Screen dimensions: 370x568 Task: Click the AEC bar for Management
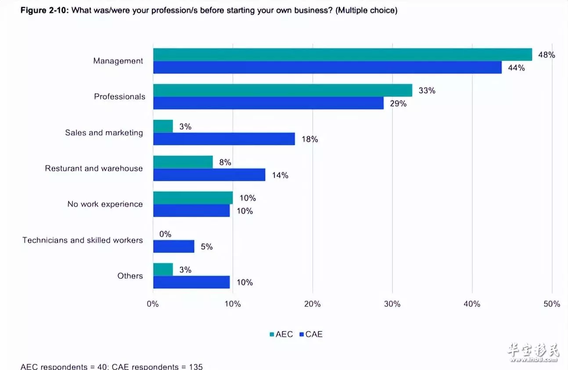point(342,54)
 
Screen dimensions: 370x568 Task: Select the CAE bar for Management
point(327,68)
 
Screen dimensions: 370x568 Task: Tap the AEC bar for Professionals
point(283,90)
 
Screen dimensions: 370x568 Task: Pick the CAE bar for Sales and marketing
point(224,139)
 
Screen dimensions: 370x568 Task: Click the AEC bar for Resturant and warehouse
point(183,162)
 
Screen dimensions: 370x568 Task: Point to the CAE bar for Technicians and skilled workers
point(173,246)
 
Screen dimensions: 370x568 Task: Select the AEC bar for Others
point(163,270)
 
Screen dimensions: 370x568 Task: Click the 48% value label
point(546,55)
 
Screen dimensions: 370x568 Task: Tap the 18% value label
point(309,139)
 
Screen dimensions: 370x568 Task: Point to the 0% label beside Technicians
point(165,234)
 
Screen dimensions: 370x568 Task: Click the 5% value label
point(206,247)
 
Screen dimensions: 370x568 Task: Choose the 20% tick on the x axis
point(312,304)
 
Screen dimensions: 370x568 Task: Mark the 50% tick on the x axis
point(552,304)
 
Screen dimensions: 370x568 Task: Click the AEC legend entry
point(281,334)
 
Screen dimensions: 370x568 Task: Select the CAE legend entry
point(311,334)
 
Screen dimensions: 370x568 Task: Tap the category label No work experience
point(105,204)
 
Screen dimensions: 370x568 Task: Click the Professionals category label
point(119,96)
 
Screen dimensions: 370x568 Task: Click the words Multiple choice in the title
point(367,11)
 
